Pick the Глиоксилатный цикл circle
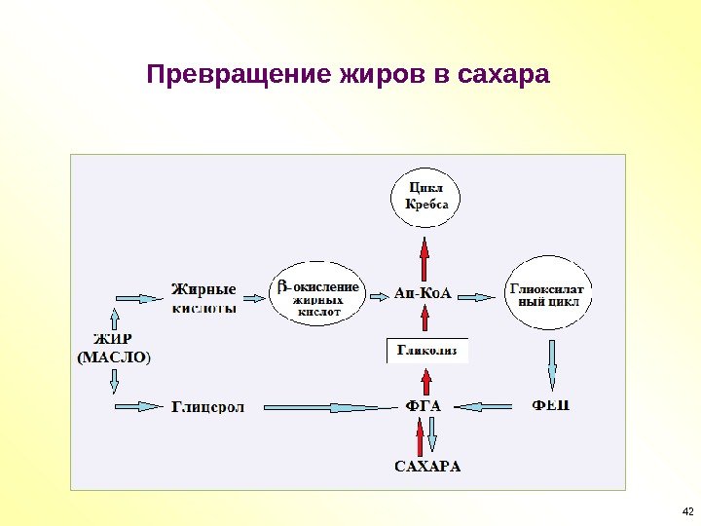coord(548,293)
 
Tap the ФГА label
coord(424,404)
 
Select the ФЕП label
coord(550,404)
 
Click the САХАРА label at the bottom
coord(427,466)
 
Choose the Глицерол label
coord(207,405)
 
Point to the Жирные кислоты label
coord(204,297)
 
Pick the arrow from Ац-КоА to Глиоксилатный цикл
coord(477,294)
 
